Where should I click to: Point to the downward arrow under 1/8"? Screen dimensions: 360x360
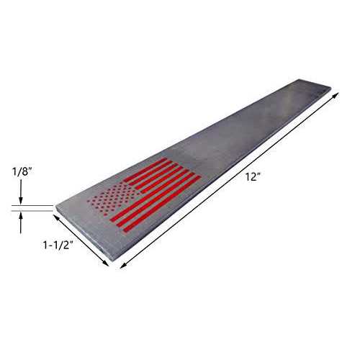tap(22, 196)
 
